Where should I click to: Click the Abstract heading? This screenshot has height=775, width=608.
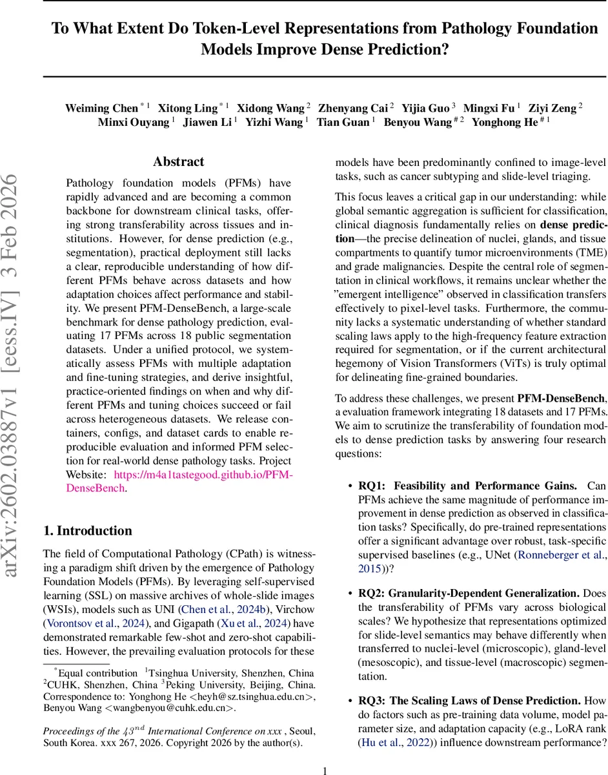point(179,162)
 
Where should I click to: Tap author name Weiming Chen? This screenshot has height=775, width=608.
point(101,108)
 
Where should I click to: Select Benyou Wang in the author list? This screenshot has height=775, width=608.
point(417,123)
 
